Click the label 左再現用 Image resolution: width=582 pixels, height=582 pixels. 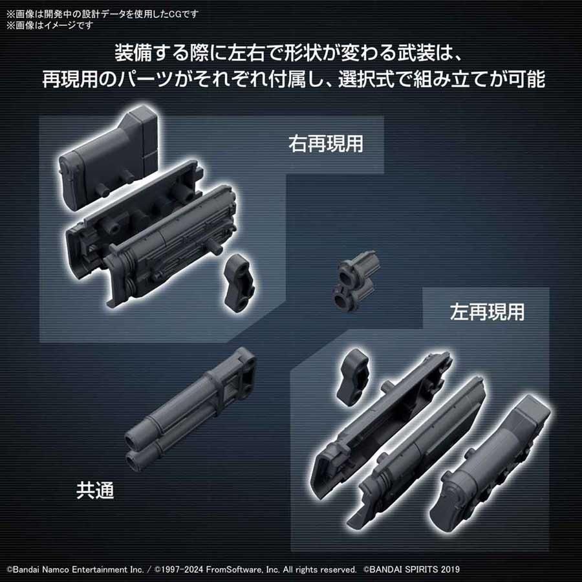pyautogui.click(x=486, y=312)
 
